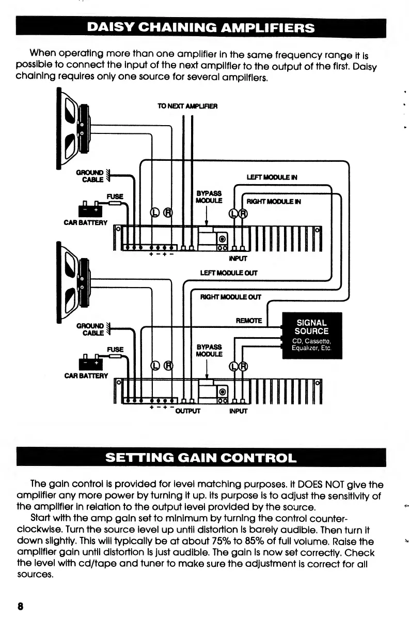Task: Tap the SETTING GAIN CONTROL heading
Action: tap(201, 458)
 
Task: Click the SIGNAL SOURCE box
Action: tap(311, 336)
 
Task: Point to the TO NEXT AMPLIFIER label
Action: tap(187, 106)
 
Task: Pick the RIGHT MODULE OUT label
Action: tap(231, 297)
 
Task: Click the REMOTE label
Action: tap(249, 321)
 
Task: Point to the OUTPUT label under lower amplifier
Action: tap(187, 411)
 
